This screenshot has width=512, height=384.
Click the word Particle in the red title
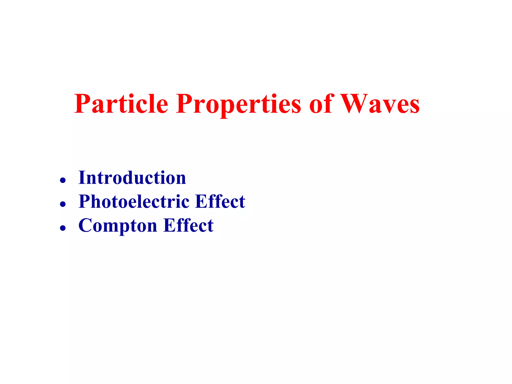coord(121,103)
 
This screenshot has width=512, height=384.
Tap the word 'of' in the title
coord(321,103)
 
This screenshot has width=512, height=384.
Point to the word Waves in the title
coord(380,103)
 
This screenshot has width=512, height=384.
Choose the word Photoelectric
coord(134,201)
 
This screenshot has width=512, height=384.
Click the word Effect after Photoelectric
coord(220,201)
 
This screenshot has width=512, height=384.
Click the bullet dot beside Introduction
coord(63,180)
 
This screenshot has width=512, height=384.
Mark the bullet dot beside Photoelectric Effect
coord(63,204)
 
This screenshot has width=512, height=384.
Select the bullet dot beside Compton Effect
coord(63,228)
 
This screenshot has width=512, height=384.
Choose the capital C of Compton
coord(86,225)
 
